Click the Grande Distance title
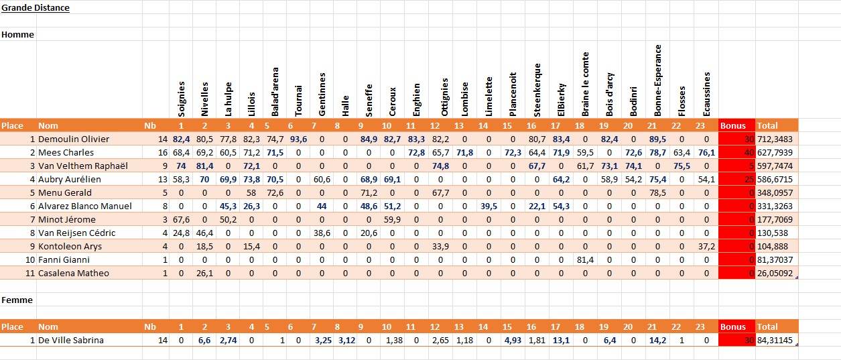point(35,8)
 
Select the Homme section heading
point(17,34)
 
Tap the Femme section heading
point(17,300)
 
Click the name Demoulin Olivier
point(73,139)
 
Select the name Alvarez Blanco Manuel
point(84,206)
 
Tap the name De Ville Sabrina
point(71,341)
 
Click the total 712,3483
point(777,139)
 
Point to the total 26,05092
point(777,274)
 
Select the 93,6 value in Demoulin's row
point(299,139)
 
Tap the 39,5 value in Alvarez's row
point(489,206)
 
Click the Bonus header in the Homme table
point(732,125)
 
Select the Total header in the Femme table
point(767,327)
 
